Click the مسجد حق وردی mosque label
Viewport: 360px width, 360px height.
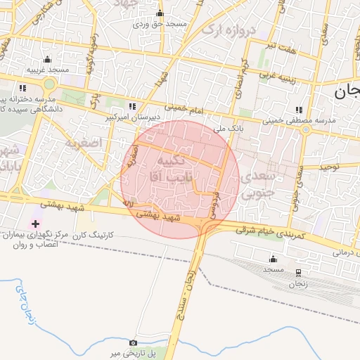(x=161, y=25)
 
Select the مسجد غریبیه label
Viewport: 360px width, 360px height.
(x=48, y=70)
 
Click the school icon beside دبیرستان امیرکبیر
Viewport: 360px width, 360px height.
(x=131, y=106)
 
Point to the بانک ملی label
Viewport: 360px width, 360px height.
(x=227, y=129)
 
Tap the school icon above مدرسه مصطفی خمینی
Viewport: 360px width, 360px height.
(x=300, y=110)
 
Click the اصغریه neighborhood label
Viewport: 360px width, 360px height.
(x=84, y=143)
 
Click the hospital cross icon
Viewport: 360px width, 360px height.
(x=35, y=224)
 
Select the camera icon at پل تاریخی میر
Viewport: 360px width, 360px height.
(x=134, y=342)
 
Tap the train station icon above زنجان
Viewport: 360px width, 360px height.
(x=298, y=272)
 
